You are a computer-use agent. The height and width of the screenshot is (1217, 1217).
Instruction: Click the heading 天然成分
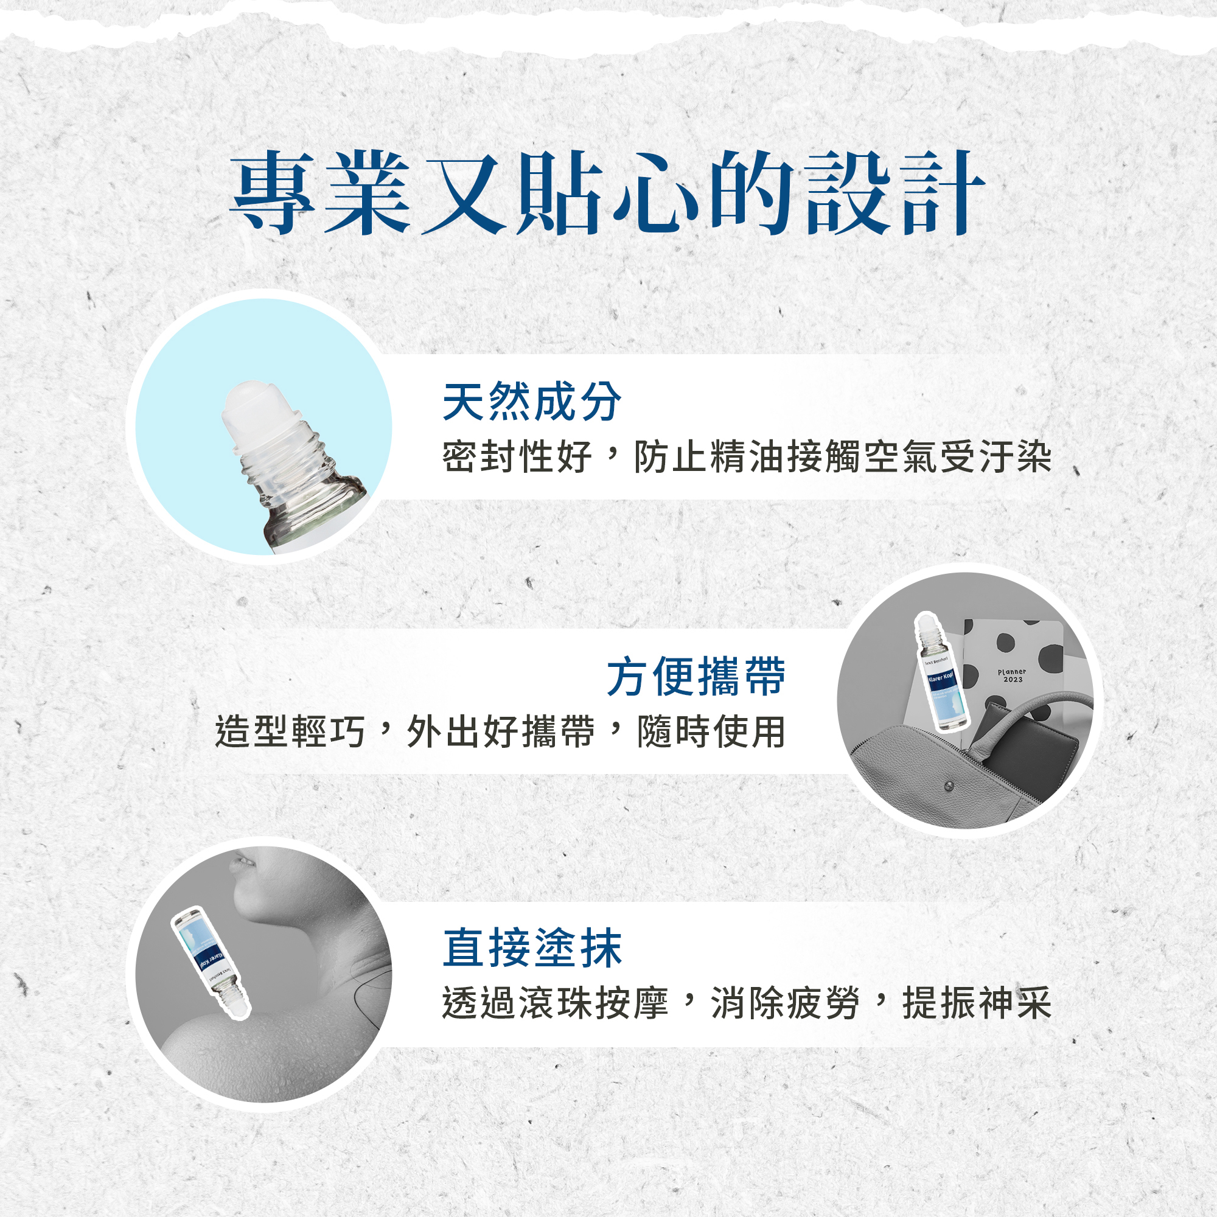click(532, 402)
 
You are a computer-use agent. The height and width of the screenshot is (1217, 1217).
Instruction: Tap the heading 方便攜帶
click(696, 677)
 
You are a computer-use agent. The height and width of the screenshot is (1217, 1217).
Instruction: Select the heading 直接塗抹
click(532, 948)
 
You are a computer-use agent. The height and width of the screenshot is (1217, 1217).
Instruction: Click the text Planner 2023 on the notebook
click(1013, 676)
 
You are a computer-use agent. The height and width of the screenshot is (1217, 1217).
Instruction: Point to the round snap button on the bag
click(949, 786)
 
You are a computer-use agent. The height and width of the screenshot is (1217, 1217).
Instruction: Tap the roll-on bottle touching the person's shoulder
click(211, 961)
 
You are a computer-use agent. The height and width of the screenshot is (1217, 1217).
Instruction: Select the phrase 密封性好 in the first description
click(517, 457)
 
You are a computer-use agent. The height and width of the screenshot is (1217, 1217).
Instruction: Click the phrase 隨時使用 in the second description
click(712, 732)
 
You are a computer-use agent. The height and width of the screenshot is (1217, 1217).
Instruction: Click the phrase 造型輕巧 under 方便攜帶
click(290, 732)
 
